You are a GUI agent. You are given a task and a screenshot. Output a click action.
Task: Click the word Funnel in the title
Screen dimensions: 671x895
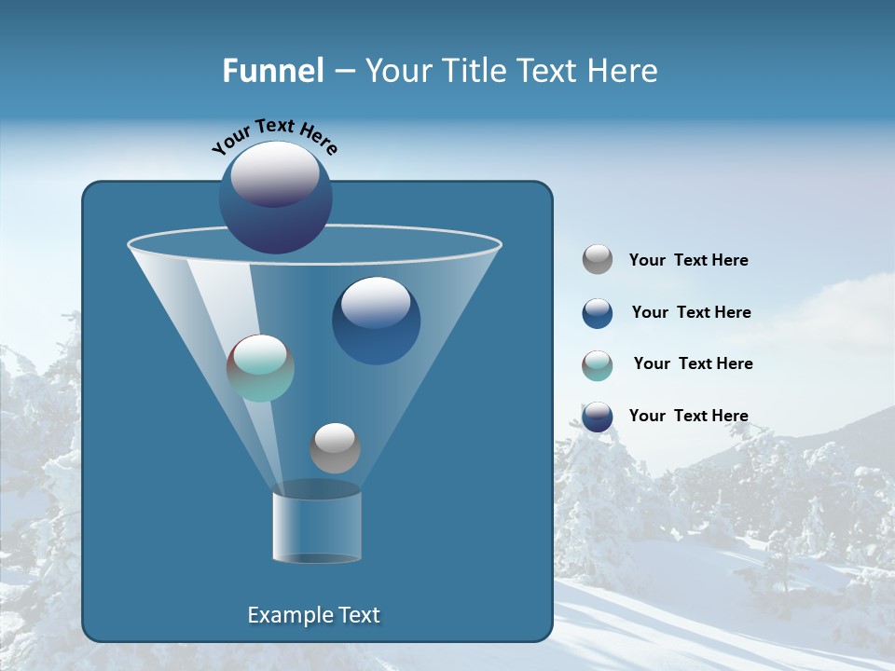click(272, 71)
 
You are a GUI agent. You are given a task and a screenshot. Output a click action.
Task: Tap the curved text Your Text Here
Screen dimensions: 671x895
click(275, 136)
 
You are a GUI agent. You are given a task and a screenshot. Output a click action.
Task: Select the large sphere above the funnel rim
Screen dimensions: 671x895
click(276, 198)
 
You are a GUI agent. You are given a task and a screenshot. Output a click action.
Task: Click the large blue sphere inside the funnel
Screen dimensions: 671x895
click(376, 321)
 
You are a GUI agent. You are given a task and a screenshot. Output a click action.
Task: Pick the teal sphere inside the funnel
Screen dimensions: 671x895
click(260, 368)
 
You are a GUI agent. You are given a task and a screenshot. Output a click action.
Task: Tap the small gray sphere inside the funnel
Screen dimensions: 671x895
click(335, 447)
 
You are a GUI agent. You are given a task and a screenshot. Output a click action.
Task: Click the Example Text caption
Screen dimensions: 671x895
click(313, 615)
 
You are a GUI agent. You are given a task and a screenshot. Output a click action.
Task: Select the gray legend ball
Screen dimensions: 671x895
click(598, 259)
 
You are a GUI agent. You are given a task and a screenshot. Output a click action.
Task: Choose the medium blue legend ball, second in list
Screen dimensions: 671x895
click(598, 313)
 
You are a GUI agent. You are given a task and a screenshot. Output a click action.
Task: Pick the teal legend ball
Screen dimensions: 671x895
click(598, 365)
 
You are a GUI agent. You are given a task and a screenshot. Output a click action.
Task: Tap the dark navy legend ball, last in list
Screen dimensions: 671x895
click(598, 417)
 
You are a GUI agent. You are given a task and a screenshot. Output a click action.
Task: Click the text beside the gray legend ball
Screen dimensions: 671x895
click(688, 261)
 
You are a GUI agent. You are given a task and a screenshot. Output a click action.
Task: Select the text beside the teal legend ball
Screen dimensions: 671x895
click(693, 364)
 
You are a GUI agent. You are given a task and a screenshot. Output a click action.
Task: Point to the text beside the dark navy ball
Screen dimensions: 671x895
click(688, 416)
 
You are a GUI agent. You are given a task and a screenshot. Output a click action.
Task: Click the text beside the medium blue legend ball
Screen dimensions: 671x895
click(691, 313)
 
